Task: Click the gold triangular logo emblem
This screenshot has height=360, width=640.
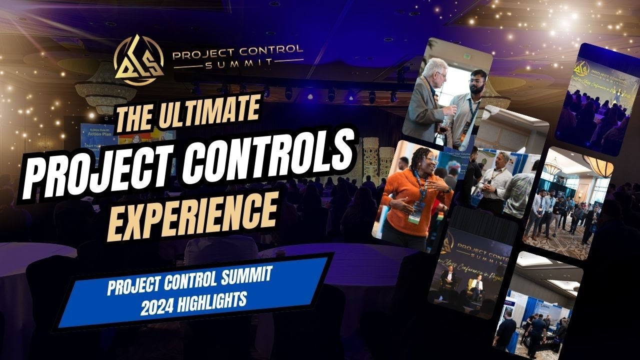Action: click(138, 59)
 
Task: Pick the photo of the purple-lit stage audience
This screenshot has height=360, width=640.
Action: click(597, 100)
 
